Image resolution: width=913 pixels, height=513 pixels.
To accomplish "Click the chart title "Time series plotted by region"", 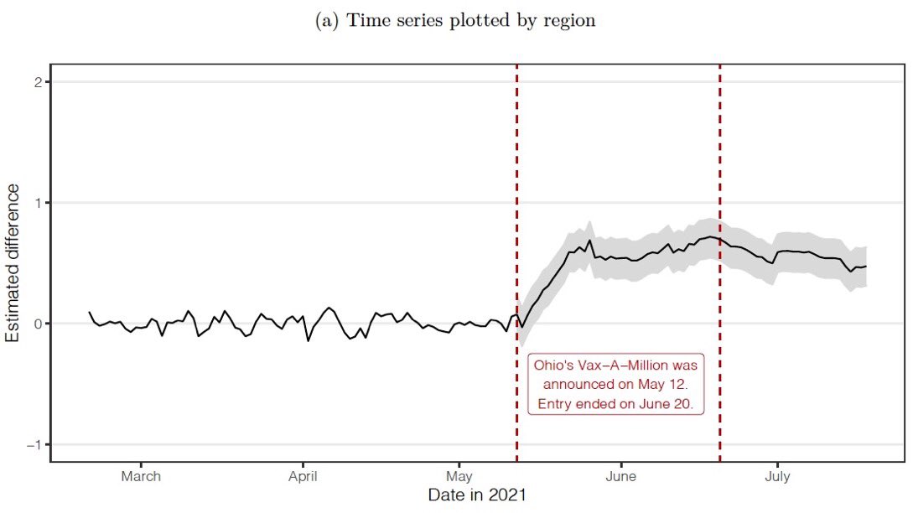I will [x=472, y=21].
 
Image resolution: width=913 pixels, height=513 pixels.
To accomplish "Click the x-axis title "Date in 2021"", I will [x=477, y=495].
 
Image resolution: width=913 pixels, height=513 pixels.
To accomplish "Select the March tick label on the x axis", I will [x=141, y=476].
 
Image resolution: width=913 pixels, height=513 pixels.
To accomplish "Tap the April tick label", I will [x=303, y=476].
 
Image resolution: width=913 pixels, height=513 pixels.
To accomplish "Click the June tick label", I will [x=620, y=476].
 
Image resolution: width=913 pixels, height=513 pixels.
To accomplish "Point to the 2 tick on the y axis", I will [x=39, y=81].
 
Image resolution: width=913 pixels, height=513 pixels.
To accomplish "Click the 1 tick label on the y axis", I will [x=39, y=203].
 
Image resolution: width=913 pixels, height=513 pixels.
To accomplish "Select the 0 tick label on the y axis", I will [x=39, y=324].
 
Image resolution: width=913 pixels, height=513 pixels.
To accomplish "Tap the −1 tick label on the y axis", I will [x=35, y=444].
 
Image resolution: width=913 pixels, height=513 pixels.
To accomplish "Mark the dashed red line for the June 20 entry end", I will [x=720, y=168].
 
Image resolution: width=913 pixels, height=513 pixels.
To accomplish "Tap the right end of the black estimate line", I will [x=866, y=267].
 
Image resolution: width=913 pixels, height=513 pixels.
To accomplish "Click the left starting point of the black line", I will [x=89, y=313].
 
